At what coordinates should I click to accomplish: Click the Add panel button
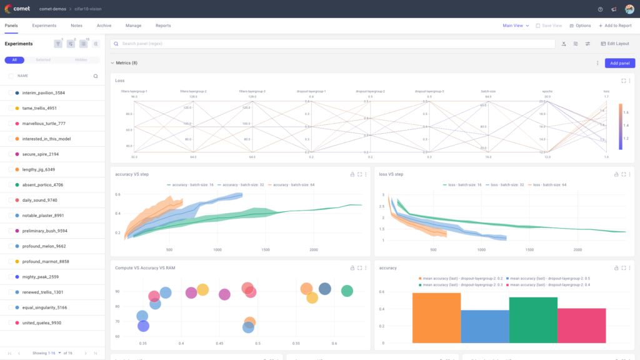point(619,63)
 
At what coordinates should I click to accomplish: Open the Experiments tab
point(44,26)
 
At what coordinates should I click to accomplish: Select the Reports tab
point(163,26)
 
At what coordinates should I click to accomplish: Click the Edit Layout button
point(616,44)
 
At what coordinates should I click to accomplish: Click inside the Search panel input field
point(331,44)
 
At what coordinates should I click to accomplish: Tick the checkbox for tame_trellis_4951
point(11,108)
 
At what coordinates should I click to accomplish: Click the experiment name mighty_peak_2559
point(40,277)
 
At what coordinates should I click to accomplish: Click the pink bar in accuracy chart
point(582,325)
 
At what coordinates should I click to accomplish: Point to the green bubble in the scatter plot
point(347,291)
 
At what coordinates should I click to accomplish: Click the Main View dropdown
point(516,26)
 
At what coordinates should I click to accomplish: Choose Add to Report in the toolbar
point(615,26)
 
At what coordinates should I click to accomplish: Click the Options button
point(580,26)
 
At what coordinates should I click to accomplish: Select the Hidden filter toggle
point(81,60)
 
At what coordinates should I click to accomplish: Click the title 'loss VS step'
point(391,174)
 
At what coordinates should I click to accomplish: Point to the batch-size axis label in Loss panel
point(488,91)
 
